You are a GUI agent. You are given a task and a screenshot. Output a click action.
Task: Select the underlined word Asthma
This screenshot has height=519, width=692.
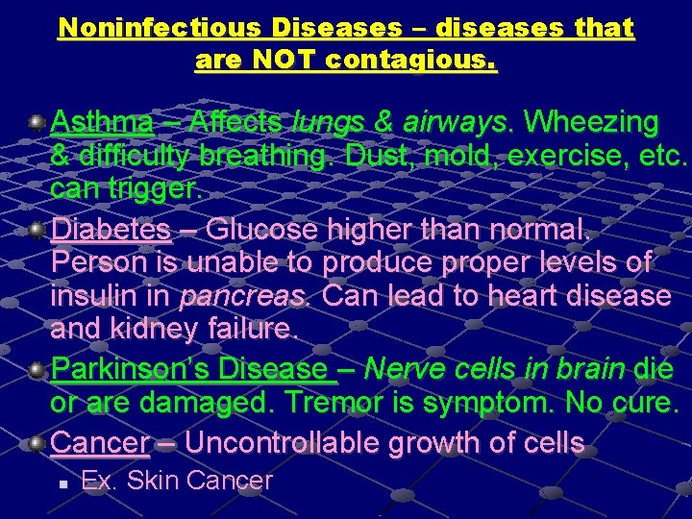click(x=101, y=123)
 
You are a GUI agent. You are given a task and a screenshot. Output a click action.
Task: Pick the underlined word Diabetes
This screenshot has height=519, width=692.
click(x=111, y=231)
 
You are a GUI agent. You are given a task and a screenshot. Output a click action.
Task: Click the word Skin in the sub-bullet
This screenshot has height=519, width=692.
click(x=153, y=480)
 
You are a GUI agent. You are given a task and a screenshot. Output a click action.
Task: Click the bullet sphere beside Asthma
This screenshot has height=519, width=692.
click(x=36, y=123)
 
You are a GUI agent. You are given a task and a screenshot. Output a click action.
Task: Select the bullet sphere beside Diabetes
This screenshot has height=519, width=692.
click(x=36, y=231)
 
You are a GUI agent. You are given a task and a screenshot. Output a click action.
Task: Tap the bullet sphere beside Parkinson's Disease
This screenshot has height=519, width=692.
click(x=36, y=370)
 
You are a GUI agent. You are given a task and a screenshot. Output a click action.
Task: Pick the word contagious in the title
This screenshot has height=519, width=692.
click(x=412, y=61)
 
